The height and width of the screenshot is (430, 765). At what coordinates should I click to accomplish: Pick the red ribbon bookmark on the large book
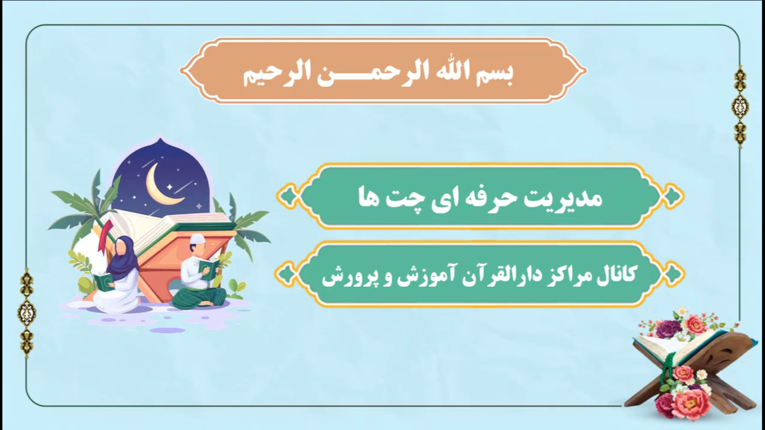click(x=106, y=236)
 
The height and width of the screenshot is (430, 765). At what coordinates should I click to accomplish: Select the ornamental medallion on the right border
click(x=740, y=106)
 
